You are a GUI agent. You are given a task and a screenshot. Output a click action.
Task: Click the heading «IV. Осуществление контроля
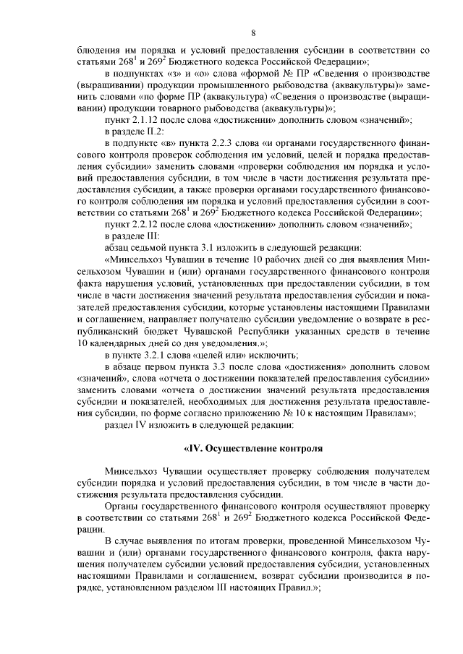point(253,448)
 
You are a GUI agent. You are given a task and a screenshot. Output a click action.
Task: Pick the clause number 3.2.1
point(161,355)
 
